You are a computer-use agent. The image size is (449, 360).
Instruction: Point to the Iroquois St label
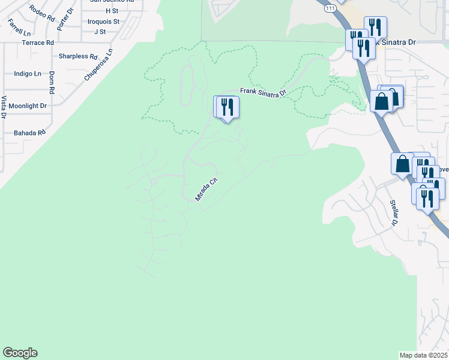[103, 21]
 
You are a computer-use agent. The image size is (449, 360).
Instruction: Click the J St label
[100, 31]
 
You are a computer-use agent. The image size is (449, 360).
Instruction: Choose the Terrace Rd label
[37, 43]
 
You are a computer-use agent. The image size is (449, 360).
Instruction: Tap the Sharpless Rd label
[78, 56]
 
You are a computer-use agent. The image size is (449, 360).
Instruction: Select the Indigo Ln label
[28, 73]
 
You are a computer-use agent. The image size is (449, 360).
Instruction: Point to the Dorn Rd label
[52, 83]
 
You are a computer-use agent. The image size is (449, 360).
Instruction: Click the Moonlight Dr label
[28, 106]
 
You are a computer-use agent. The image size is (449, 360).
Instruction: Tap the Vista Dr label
[4, 106]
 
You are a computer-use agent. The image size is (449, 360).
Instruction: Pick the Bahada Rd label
[29, 133]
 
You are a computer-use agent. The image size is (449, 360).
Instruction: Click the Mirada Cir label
[205, 188]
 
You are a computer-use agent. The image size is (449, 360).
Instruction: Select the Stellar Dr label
[394, 212]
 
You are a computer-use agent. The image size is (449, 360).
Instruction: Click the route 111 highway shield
[330, 8]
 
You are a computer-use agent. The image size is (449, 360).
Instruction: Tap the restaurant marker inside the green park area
[228, 107]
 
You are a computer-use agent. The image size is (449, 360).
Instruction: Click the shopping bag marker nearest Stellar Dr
[402, 163]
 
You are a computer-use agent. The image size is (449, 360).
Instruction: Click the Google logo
[20, 353]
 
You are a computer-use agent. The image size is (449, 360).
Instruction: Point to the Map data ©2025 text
[423, 355]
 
